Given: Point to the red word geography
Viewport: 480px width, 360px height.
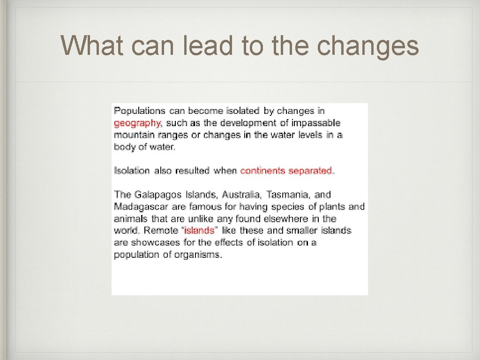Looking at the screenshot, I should tap(137, 123).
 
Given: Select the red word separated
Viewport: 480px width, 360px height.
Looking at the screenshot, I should tap(311, 171).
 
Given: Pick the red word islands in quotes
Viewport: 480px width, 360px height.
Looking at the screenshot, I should tap(199, 231).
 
